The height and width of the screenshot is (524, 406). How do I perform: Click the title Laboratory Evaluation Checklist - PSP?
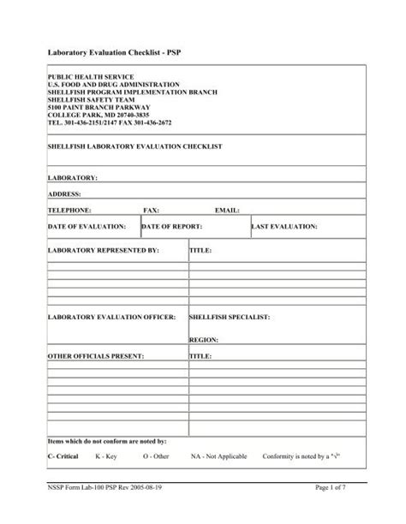[119, 53]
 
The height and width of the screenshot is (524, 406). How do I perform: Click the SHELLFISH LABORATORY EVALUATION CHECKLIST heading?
[134, 147]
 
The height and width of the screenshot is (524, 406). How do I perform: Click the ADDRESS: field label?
[65, 194]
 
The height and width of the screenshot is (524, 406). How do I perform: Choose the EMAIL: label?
[227, 210]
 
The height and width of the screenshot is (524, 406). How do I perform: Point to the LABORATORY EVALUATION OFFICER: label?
[111, 317]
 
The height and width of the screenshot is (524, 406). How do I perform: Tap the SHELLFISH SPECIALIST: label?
[229, 317]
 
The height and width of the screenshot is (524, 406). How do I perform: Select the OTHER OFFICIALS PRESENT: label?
[95, 354]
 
